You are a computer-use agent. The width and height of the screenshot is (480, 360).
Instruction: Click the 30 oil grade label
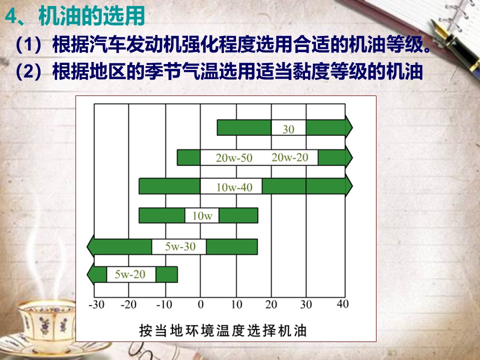288,129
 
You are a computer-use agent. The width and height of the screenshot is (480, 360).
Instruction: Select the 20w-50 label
234,158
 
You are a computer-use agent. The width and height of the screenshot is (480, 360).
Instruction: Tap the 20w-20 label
289,157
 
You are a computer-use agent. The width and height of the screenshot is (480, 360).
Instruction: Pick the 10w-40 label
234,187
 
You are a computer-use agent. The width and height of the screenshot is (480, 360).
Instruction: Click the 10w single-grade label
202,216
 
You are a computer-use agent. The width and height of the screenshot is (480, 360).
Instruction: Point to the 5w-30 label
180,246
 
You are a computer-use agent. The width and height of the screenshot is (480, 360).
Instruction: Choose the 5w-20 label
130,274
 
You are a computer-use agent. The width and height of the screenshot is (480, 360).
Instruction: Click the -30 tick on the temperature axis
96,304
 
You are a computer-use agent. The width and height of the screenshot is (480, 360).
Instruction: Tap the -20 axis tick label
128,304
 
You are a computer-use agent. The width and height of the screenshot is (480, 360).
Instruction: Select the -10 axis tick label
164,304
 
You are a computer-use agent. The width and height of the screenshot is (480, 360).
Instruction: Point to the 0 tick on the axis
200,304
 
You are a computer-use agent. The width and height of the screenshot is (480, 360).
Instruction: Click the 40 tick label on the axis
342,304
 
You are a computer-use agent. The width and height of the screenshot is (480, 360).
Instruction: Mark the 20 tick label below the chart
271,304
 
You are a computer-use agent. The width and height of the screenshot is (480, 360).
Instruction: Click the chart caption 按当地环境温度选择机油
223,330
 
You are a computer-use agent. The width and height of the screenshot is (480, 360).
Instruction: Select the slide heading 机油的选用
91,16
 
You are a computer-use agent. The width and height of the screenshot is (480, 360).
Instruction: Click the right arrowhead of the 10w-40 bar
349,186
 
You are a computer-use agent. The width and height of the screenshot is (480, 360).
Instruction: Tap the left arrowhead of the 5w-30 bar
90,246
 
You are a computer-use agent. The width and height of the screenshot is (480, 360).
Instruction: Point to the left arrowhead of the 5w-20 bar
90,274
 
